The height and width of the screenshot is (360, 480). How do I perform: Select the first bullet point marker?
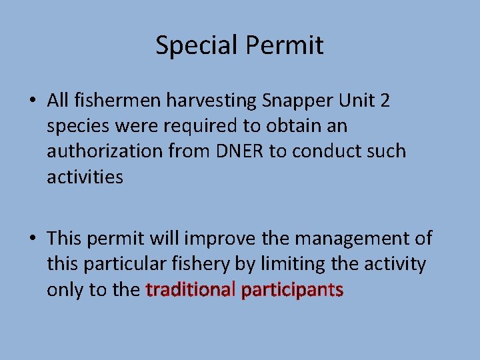click(32, 101)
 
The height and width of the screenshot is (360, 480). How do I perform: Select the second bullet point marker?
click(32, 239)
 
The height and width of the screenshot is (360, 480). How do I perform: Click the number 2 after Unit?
click(385, 100)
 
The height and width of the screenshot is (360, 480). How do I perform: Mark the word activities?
click(85, 177)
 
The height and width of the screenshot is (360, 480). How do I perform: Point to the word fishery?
click(199, 265)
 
